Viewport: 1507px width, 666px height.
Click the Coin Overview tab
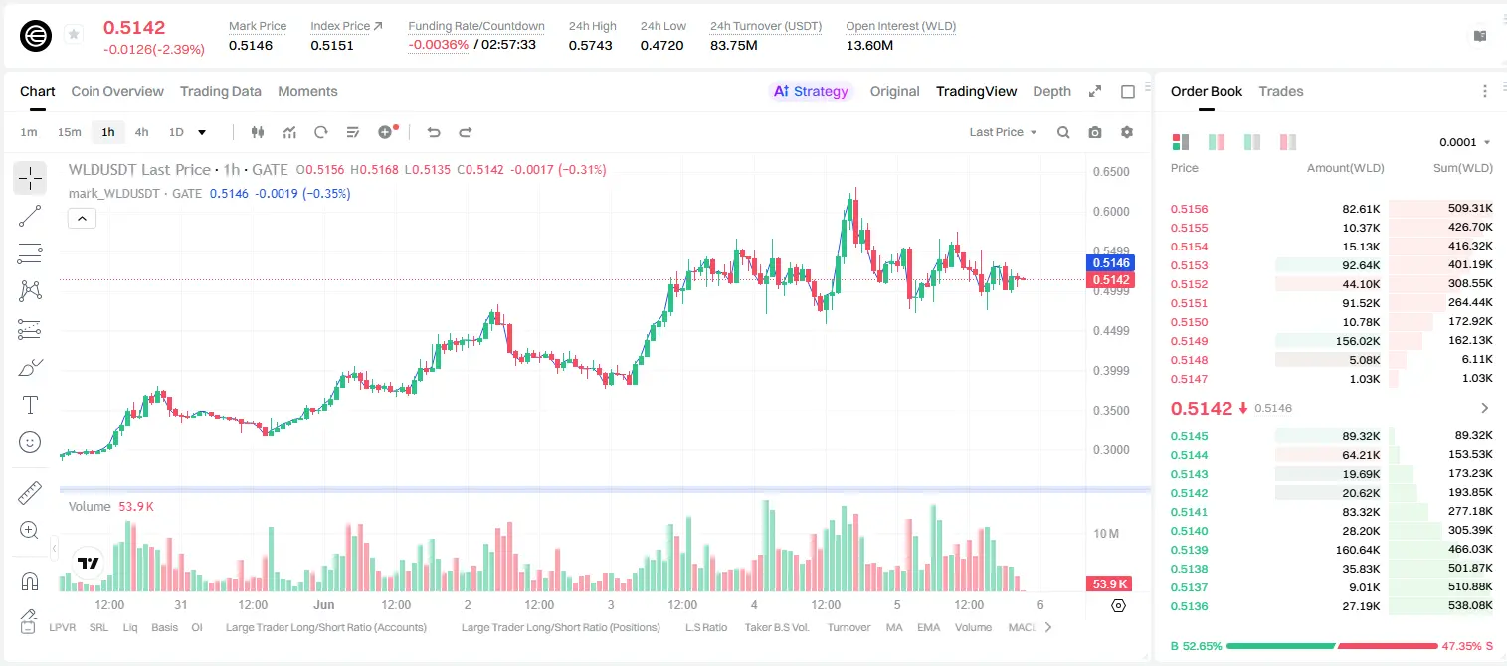pos(117,91)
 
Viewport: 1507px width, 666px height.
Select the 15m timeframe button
pos(69,132)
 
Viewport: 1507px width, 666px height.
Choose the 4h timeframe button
pos(141,132)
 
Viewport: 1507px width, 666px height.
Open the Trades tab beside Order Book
pos(1281,91)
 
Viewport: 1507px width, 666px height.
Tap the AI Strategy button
pos(811,91)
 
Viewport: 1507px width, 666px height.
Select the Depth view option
pos(1051,91)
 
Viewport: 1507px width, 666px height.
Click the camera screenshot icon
pos(1095,132)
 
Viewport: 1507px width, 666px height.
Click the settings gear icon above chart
pos(1127,132)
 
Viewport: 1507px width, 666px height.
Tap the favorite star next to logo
pos(74,34)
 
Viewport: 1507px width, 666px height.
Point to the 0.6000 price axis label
pos(1111,211)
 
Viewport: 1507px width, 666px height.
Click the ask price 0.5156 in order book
pos(1189,209)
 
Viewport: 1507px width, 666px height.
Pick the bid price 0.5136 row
pos(1189,606)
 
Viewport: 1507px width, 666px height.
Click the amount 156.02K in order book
pos(1358,341)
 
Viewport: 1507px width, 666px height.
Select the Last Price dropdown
pos(1003,132)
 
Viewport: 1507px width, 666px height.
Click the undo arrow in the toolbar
pos(434,132)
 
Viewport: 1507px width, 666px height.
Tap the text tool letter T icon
pos(30,405)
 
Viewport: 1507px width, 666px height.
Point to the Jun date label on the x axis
pos(323,604)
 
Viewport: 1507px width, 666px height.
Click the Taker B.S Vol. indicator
pos(776,627)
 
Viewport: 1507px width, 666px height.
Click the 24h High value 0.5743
pos(590,45)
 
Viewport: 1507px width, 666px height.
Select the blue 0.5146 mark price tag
pos(1111,262)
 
